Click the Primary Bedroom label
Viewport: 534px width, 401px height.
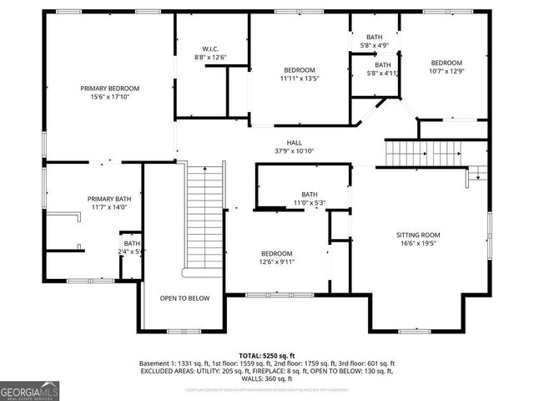(109, 88)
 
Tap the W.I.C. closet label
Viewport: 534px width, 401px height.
(210, 48)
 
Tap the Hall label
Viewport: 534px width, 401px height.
(295, 142)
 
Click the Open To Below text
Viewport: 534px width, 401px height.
(185, 297)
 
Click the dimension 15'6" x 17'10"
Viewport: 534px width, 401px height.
(109, 97)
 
